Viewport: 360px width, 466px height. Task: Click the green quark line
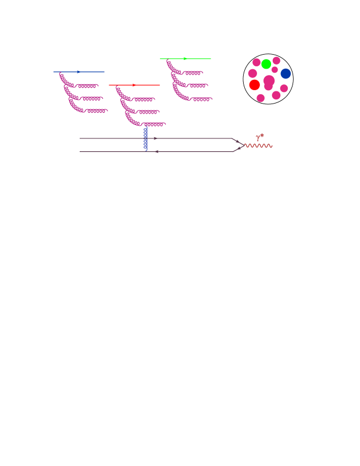198,59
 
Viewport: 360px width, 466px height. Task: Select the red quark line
148,85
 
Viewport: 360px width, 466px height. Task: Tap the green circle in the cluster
266,64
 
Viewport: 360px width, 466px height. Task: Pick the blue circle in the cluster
286,73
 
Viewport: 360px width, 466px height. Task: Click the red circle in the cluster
255,85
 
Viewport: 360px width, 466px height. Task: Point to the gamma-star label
260,137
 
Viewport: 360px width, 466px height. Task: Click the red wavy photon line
258,145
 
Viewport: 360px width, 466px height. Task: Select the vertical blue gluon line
145,139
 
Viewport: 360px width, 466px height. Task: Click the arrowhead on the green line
185,59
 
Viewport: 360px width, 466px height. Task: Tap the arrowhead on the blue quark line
79,72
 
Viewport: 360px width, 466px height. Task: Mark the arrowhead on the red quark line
134,85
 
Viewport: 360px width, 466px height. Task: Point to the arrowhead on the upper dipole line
155,138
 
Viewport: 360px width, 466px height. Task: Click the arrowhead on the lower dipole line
156,152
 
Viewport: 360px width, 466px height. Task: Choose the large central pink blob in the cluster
269,81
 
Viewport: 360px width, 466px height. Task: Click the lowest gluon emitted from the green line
195,98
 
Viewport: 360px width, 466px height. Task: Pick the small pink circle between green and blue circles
275,70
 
